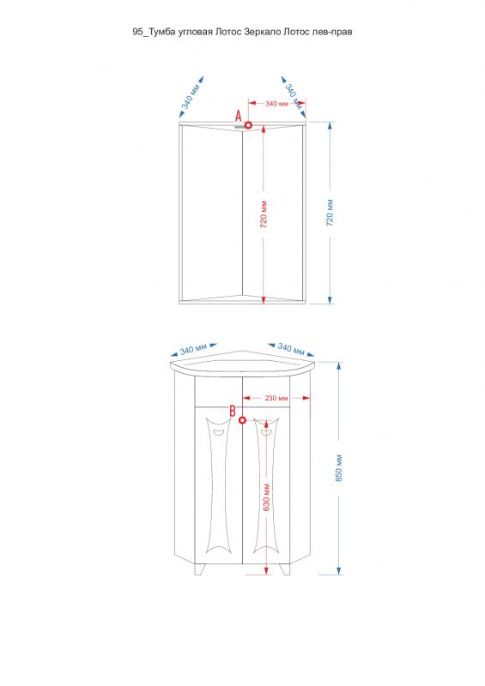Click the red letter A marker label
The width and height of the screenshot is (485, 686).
point(239,116)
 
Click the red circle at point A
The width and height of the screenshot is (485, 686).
point(248,125)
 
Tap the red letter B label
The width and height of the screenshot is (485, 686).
point(233,411)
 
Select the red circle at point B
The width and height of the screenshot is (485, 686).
point(242,420)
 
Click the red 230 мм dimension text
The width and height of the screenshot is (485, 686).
point(276,398)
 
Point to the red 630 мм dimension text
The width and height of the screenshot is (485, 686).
point(266,497)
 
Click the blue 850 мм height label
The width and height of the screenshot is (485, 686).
point(339,468)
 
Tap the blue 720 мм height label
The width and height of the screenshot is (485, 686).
point(330,213)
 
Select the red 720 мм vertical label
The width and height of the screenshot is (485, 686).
point(264,215)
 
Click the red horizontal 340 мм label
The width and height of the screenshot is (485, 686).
point(277,104)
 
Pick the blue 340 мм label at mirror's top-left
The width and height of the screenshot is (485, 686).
point(191,96)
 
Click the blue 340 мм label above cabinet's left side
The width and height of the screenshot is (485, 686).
point(193,349)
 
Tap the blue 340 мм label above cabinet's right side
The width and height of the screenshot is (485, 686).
point(291,349)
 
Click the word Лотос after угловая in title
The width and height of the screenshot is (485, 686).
point(227,32)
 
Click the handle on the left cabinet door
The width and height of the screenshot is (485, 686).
point(218,433)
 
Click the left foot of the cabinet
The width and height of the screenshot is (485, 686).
point(200,569)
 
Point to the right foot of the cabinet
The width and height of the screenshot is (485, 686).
point(285,569)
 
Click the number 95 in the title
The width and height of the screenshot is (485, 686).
point(137,32)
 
